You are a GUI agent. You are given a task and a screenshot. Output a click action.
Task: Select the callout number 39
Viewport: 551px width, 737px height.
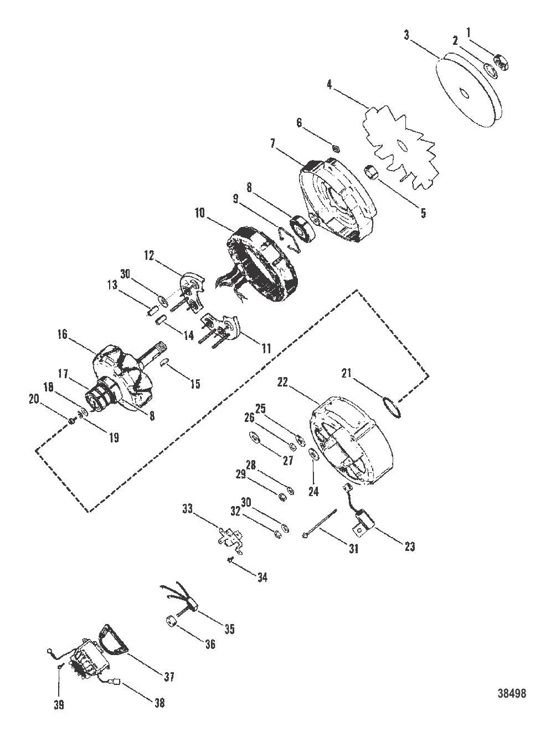coord(59,705)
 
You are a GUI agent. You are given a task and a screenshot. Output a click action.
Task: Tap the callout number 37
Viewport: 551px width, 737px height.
coord(169,677)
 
